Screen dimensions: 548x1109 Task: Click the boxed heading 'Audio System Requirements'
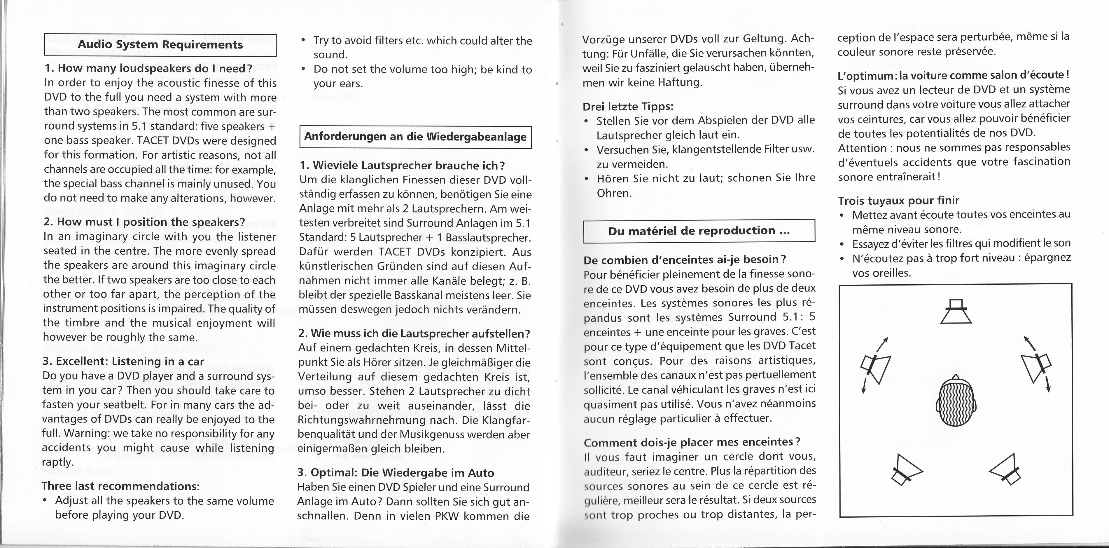pyautogui.click(x=160, y=45)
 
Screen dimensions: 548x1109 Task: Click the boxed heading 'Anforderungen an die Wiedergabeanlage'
pyautogui.click(x=415, y=137)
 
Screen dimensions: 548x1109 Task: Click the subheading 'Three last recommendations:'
pyautogui.click(x=120, y=486)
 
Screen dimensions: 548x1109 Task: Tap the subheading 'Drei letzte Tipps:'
pyautogui.click(x=628, y=106)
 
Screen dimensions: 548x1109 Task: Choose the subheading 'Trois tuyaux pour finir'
pyautogui.click(x=898, y=200)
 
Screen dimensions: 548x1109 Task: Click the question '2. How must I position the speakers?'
pyautogui.click(x=144, y=222)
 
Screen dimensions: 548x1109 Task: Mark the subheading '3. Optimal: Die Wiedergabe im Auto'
pyautogui.click(x=396, y=473)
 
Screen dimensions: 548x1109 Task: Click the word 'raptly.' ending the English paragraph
pyautogui.click(x=58, y=462)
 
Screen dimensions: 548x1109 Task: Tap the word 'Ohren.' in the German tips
pyautogui.click(x=614, y=193)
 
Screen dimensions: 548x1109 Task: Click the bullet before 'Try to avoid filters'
pyautogui.click(x=304, y=41)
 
